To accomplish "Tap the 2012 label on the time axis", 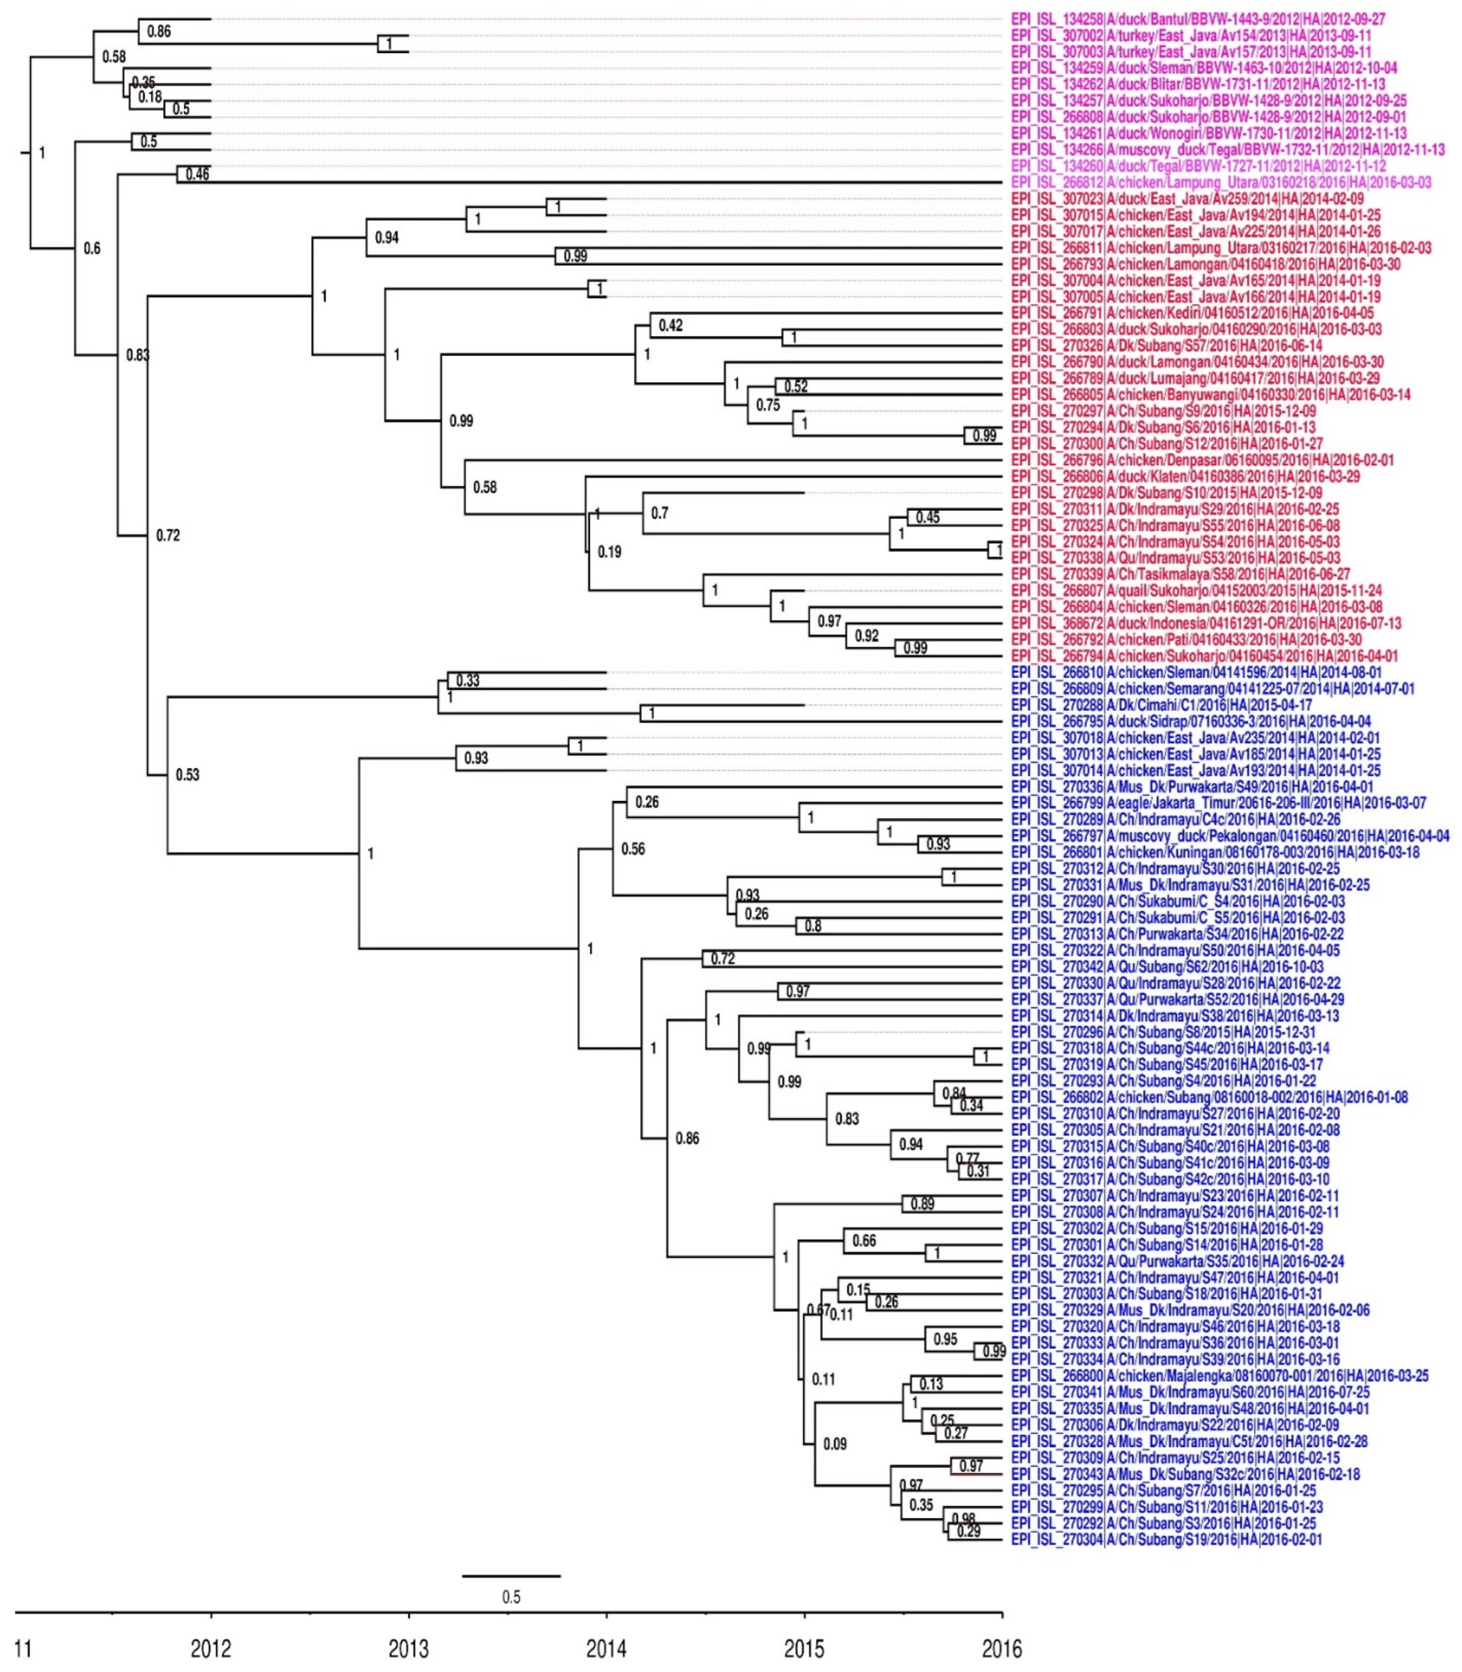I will [211, 1649].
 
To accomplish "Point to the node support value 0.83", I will [137, 355].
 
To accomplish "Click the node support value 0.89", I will [922, 1204].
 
